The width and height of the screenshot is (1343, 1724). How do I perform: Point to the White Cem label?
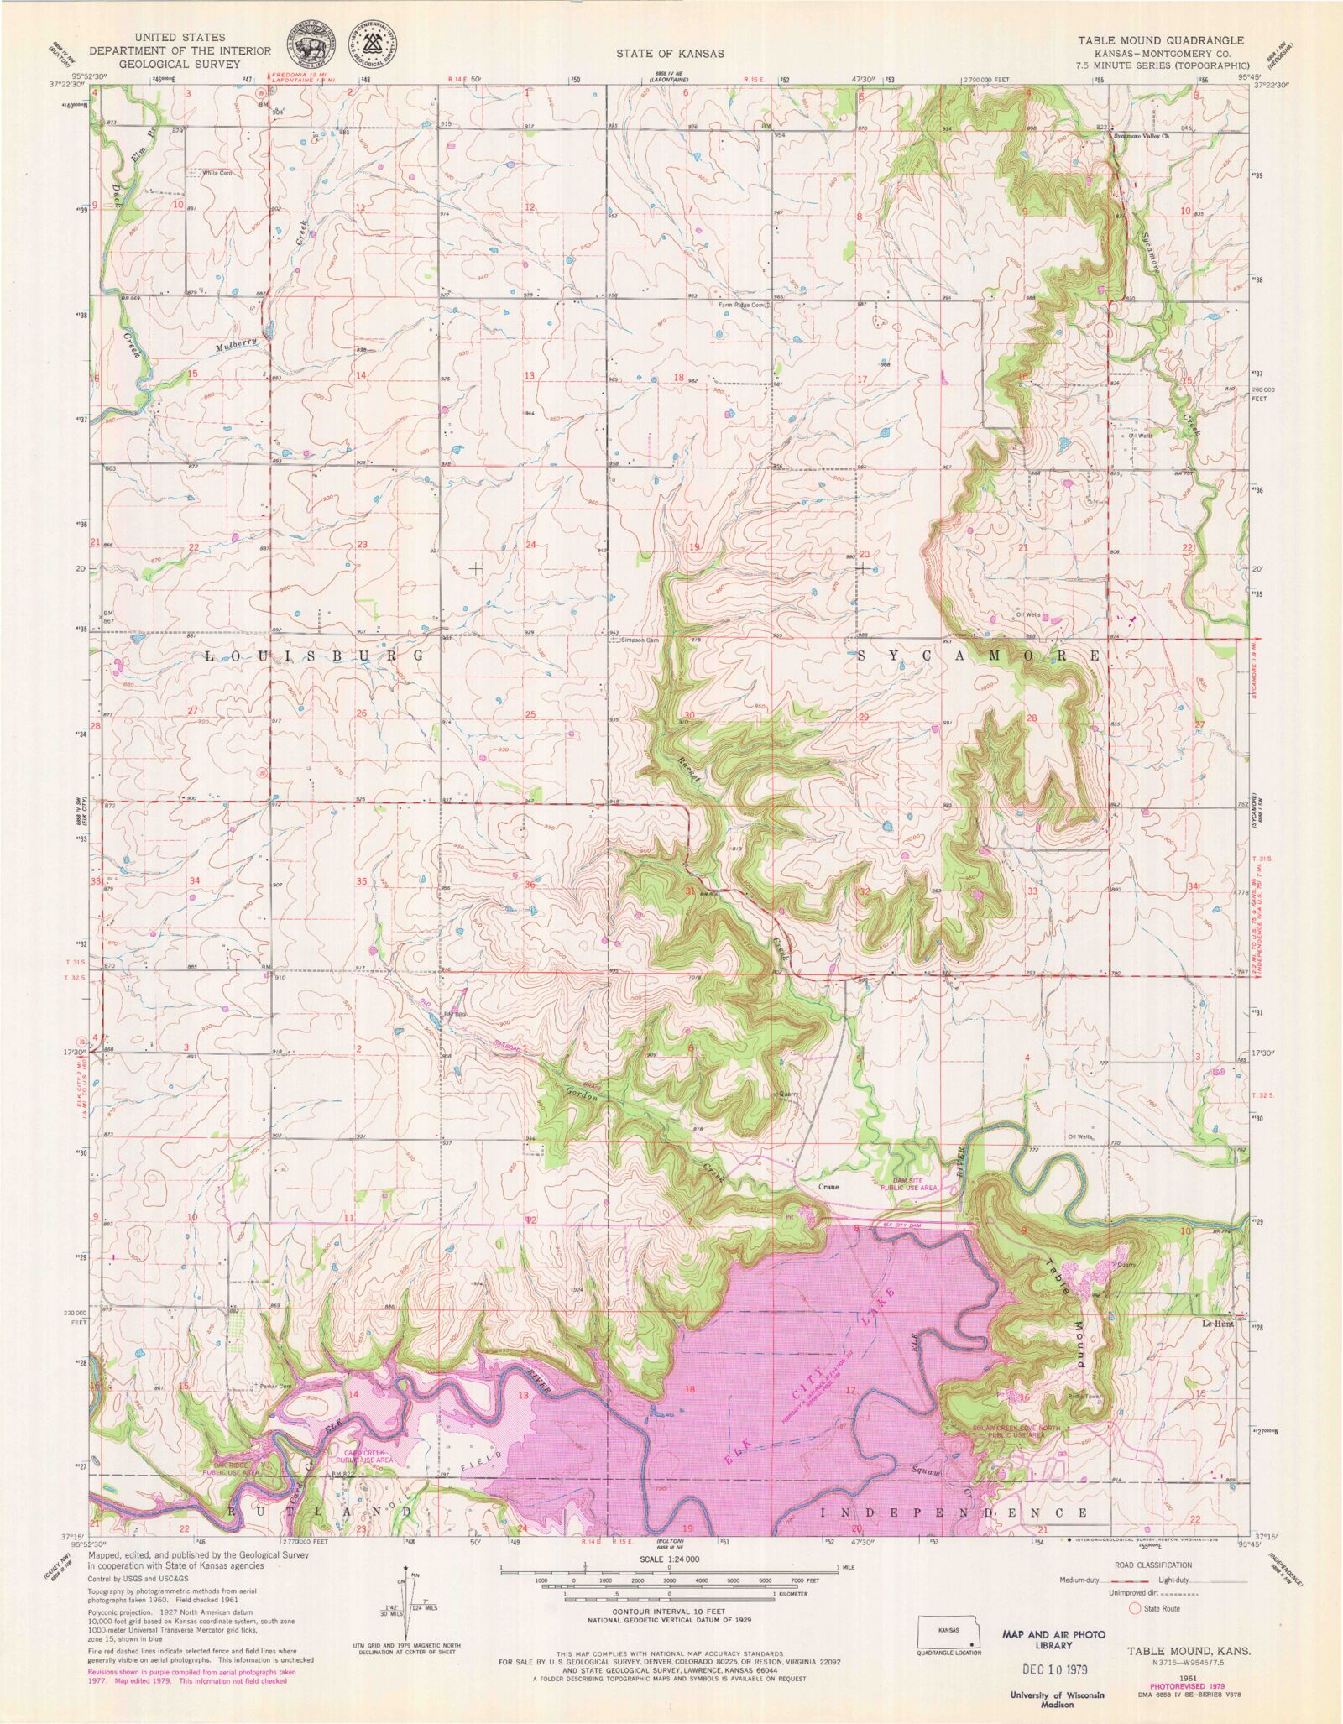coord(216,173)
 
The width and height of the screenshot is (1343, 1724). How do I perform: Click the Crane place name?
coord(828,1188)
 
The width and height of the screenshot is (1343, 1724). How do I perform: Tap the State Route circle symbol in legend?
coord(1135,1608)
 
